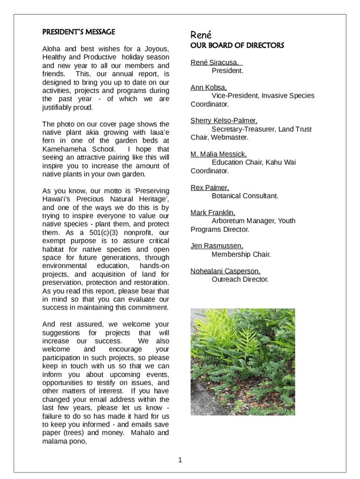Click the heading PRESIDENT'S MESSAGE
pos(79,32)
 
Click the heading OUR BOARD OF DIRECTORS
pos(237,45)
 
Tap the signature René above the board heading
pos(201,35)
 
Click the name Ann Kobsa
pos(209,87)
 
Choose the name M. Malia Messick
pos(218,154)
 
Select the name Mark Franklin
pos(213,212)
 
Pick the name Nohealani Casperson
pos(225,271)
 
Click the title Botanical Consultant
pos(245,196)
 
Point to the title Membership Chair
pos(241,254)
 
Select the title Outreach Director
pos(240,279)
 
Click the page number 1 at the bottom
pos(180,460)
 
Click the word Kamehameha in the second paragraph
pos(63,149)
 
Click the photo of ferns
pos(243,362)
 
